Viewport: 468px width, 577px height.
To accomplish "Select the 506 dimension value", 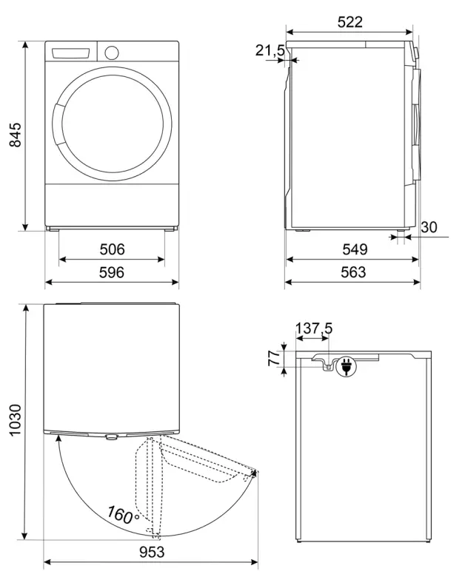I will click(112, 249).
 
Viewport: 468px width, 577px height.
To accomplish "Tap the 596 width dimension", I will click(112, 272).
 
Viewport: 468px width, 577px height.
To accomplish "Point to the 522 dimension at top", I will click(350, 22).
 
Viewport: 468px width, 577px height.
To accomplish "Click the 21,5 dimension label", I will click(270, 50).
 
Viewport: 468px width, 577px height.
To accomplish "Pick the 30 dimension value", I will click(429, 228).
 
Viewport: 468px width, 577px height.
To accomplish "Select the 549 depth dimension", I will click(353, 249).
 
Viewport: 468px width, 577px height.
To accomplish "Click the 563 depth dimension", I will click(353, 272).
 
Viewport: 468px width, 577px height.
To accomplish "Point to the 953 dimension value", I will click(150, 552).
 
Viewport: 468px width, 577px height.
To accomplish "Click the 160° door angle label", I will click(123, 514).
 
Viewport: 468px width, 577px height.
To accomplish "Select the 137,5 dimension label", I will click(313, 328).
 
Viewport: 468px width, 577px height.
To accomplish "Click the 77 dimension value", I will click(273, 359).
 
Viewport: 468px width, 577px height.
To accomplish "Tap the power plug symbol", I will click(345, 365).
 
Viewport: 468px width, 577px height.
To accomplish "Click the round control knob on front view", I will click(112, 53).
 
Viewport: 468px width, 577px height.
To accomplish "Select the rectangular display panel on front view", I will click(73, 54).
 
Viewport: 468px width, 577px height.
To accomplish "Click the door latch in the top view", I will click(111, 436).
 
